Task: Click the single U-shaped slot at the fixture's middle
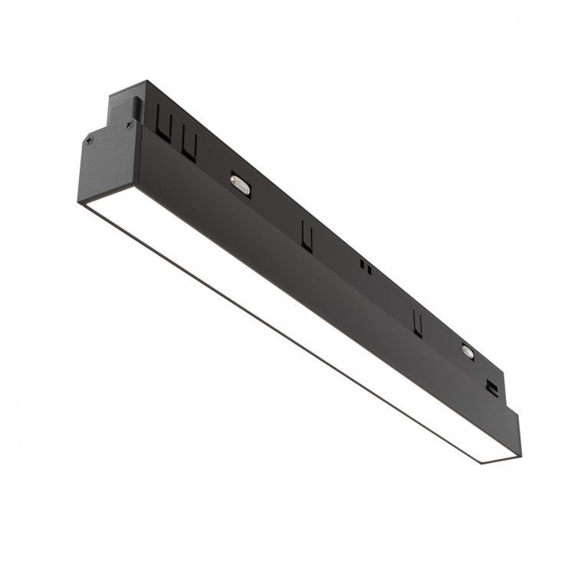307,235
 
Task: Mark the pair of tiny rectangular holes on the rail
366,267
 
